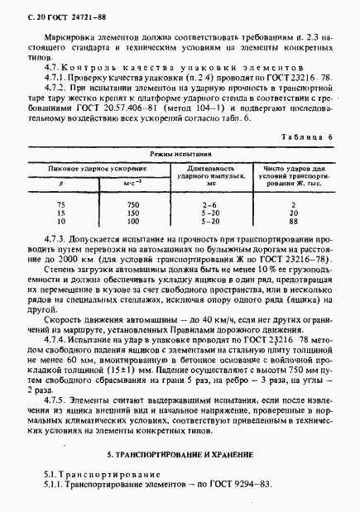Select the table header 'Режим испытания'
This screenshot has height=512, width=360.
180,155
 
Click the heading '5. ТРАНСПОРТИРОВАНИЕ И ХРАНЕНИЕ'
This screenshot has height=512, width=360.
180,456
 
